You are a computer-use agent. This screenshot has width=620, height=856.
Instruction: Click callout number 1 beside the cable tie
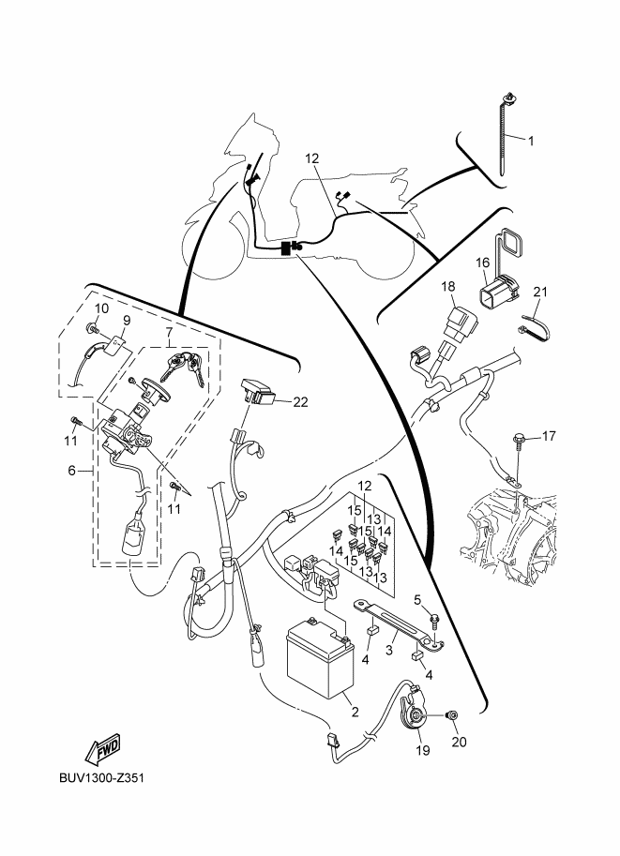click(530, 142)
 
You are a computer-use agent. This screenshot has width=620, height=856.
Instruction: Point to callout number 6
click(72, 471)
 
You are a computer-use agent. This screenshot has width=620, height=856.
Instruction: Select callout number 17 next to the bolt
click(549, 436)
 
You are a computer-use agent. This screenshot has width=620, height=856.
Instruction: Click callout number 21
click(539, 292)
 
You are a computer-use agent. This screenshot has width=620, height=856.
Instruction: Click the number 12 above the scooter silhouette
click(311, 158)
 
